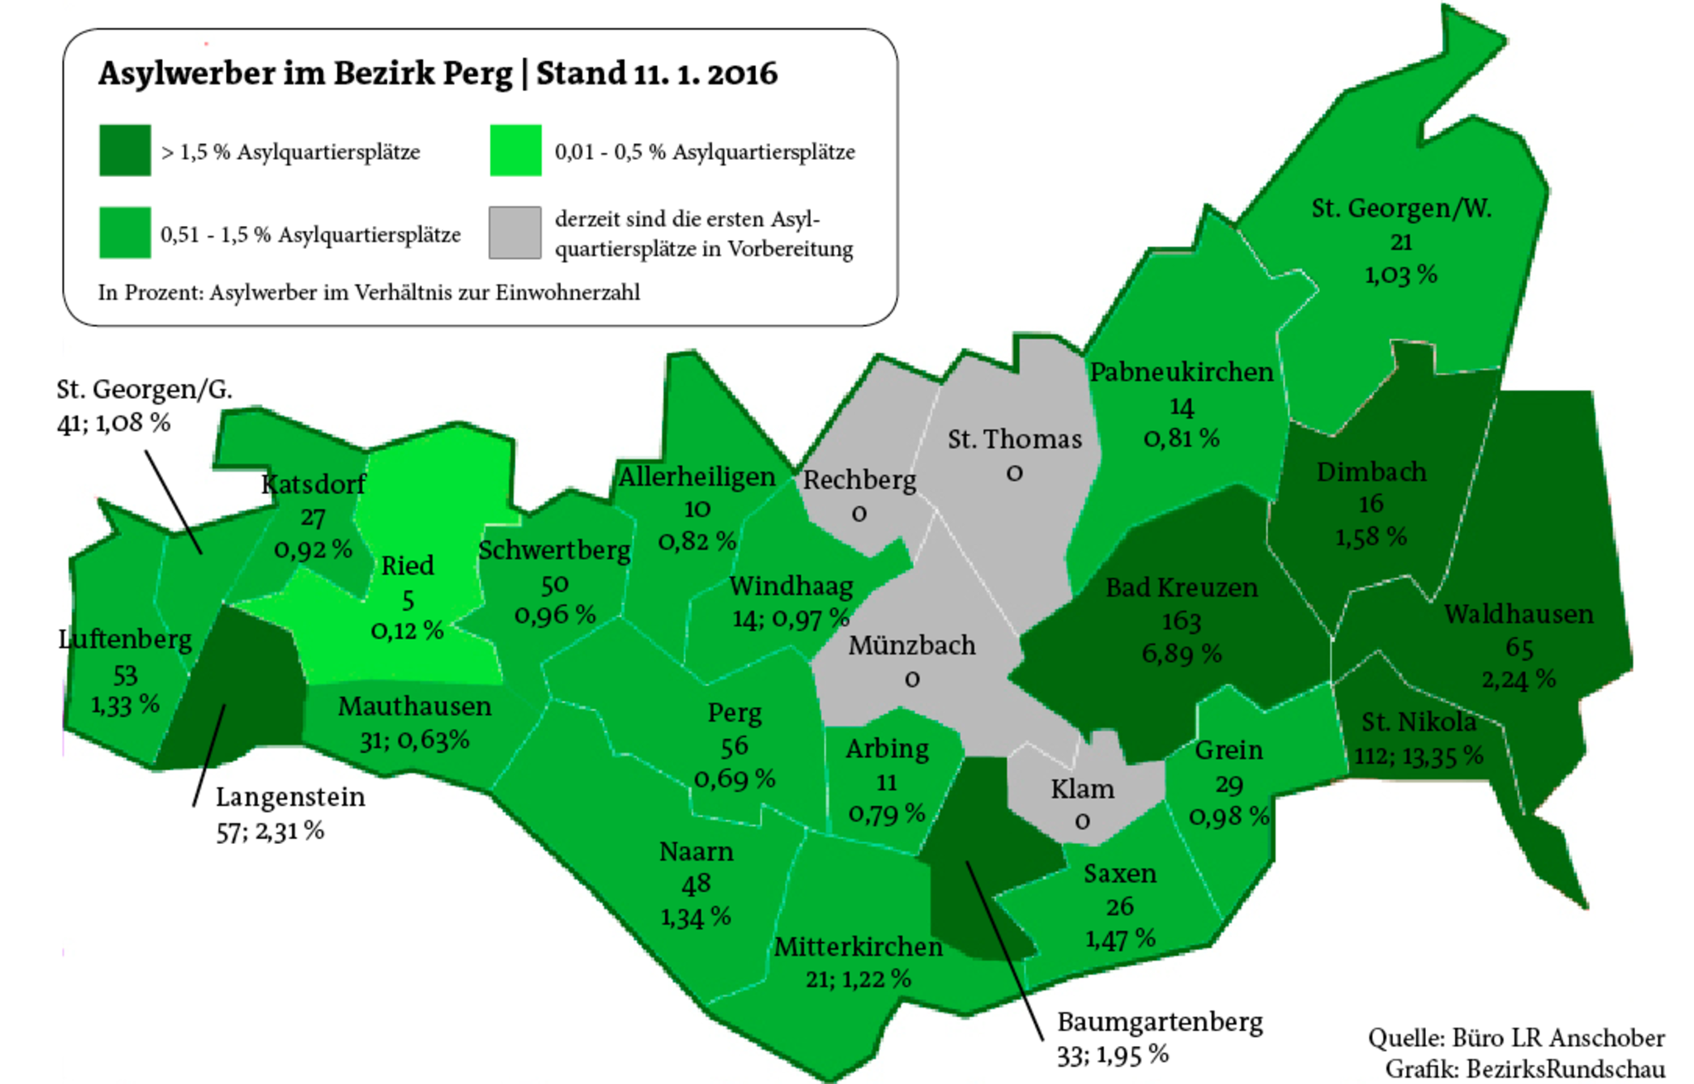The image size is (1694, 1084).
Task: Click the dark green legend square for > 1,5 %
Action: point(125,151)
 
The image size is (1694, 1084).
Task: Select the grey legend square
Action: point(514,233)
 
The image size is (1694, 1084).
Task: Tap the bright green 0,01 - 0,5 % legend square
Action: point(515,151)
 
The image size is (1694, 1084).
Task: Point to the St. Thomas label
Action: point(1014,439)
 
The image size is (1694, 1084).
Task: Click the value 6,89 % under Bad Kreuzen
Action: point(1181,655)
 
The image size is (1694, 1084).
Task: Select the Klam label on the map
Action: point(1082,789)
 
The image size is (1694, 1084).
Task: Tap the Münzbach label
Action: point(912,645)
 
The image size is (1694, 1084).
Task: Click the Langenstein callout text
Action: point(290,797)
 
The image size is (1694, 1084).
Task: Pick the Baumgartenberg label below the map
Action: point(1160,1022)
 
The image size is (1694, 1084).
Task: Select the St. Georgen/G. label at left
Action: point(144,390)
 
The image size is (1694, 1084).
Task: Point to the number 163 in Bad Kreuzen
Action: point(1181,621)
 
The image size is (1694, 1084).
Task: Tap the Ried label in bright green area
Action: point(407,566)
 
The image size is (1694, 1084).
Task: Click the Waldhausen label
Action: point(1519,614)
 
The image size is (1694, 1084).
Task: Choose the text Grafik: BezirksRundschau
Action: point(1524,1068)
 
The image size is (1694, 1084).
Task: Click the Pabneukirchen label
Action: point(1181,372)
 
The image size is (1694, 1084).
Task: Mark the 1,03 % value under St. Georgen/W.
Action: point(1400,275)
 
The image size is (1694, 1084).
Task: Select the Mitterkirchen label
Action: point(858,947)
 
